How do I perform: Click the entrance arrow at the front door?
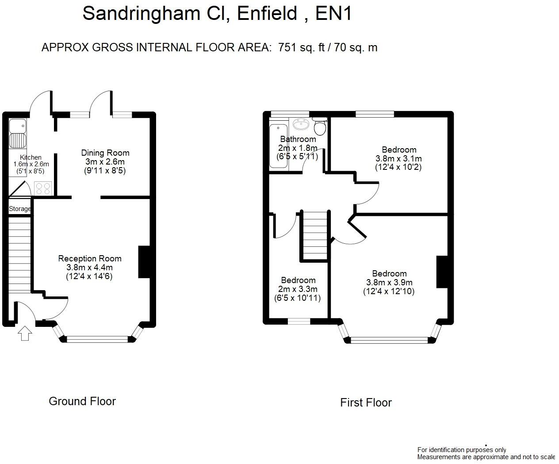click(x=25, y=333)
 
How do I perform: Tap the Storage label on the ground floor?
click(x=20, y=209)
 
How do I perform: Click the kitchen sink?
click(x=18, y=134)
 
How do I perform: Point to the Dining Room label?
click(x=105, y=153)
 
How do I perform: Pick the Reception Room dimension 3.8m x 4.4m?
click(x=89, y=268)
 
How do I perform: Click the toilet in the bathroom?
click(x=320, y=127)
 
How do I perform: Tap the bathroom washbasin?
click(x=301, y=123)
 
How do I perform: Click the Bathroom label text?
click(x=298, y=139)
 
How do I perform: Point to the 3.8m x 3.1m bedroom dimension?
click(x=398, y=158)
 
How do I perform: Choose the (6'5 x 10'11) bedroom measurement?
click(x=298, y=298)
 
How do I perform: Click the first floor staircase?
click(x=315, y=234)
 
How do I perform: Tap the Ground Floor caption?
click(x=82, y=401)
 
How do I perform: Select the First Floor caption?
click(x=366, y=403)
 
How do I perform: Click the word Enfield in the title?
click(x=267, y=13)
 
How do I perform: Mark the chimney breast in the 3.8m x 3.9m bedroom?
click(x=442, y=272)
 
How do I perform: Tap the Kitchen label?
click(x=31, y=157)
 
